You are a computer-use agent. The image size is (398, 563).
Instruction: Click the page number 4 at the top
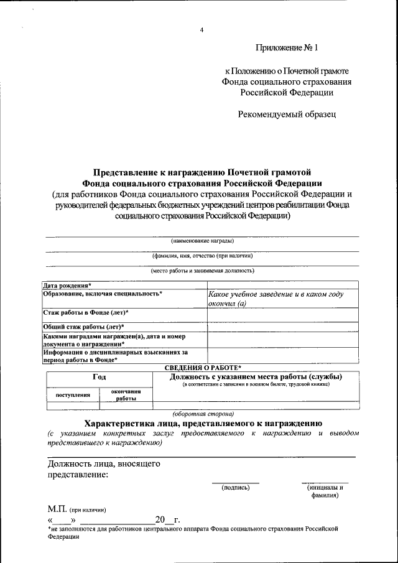point(201,30)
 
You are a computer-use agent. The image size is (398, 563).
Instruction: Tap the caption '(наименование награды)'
point(203,240)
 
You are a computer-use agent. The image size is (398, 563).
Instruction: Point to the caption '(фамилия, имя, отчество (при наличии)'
point(203,255)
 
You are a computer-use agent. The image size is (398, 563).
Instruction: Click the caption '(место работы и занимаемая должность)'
point(203,271)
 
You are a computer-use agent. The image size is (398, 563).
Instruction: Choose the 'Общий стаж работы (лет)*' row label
point(83,326)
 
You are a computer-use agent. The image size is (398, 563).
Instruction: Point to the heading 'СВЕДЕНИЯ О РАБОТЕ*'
point(202,368)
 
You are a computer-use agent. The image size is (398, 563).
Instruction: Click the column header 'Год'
point(99,377)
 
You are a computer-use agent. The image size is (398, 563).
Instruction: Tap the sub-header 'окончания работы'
point(126,394)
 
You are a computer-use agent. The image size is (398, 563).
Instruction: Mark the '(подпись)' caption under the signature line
point(236,488)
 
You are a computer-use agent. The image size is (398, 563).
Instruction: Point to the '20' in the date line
point(160,519)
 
